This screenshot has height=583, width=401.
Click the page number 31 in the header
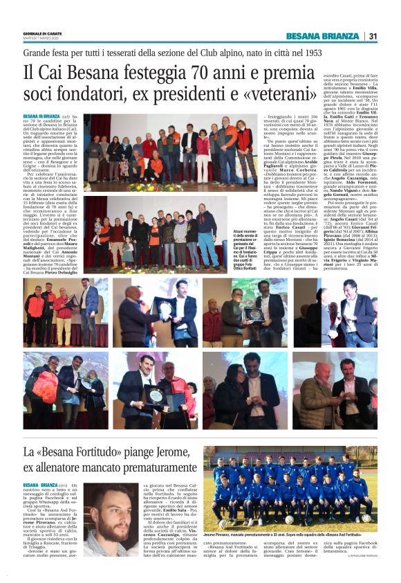(x=373, y=36)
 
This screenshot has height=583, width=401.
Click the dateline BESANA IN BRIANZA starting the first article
(x=42, y=116)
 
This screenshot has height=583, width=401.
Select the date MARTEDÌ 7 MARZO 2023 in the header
(x=41, y=39)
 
